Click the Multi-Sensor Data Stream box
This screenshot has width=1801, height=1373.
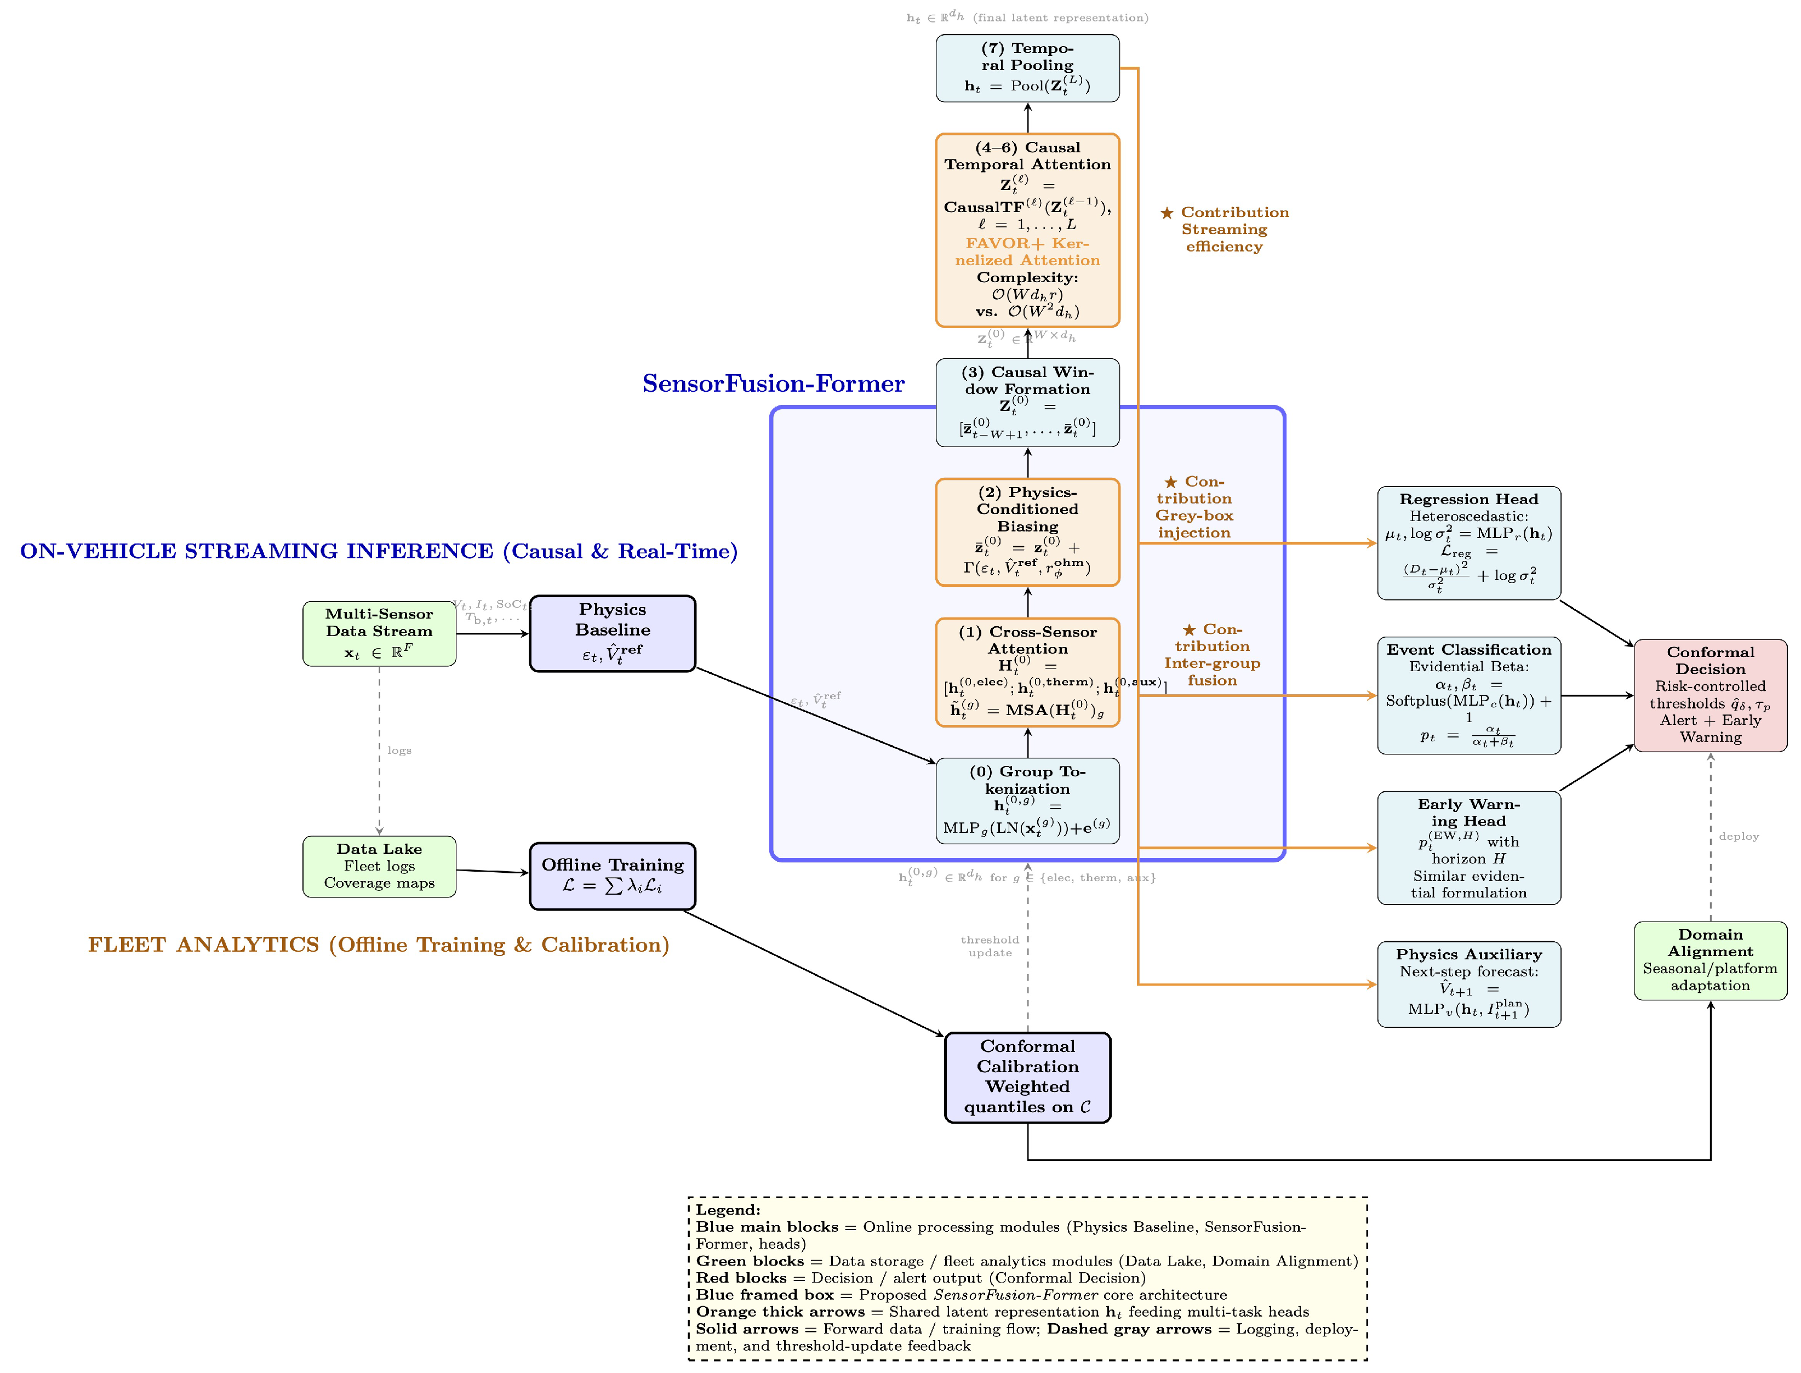tap(379, 633)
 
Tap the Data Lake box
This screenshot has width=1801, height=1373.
tap(379, 866)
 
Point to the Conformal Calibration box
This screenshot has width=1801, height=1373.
tap(1027, 1077)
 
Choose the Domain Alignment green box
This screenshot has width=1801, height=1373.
tap(1709, 960)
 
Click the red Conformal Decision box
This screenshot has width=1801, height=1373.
tap(1709, 695)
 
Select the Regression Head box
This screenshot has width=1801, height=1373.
tap(1468, 542)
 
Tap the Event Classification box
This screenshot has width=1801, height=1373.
tap(1468, 695)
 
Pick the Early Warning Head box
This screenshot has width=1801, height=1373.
tap(1468, 848)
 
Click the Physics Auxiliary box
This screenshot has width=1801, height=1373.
tap(1468, 984)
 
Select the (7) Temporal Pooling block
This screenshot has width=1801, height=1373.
tap(1027, 68)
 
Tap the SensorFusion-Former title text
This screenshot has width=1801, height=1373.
tap(773, 384)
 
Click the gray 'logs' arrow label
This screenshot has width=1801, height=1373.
tap(399, 750)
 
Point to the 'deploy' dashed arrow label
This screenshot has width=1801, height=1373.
tap(1738, 836)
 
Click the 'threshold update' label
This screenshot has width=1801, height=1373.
tap(990, 946)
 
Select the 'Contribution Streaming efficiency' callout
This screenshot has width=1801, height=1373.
tap(1224, 230)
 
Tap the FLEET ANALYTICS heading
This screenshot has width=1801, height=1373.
tap(379, 945)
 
